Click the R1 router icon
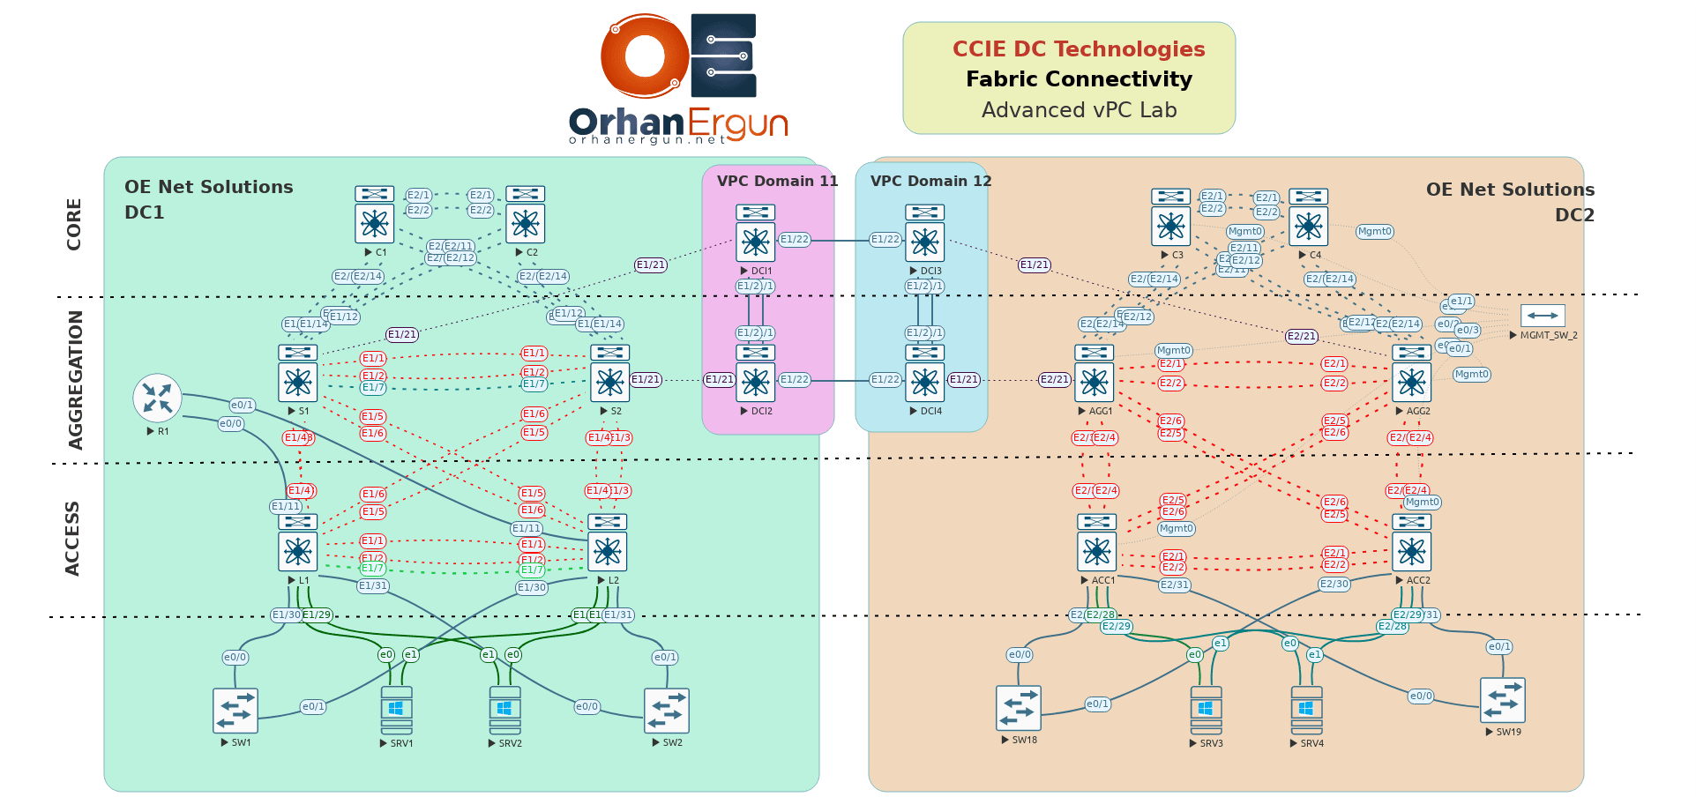[157, 398]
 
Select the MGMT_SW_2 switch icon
[1543, 316]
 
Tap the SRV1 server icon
[397, 711]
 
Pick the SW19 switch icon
[1502, 701]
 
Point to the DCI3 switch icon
[924, 235]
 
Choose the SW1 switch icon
[235, 711]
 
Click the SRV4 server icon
[1306, 711]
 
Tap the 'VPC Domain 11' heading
[777, 181]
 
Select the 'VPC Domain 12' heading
[930, 181]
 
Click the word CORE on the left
[74, 224]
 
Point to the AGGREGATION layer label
[76, 380]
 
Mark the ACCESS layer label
[72, 539]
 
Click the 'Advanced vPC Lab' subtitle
[1079, 110]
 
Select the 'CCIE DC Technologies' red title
[1079, 49]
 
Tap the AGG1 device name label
[1101, 411]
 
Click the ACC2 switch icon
[1411, 544]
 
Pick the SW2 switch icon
[667, 711]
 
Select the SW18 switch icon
[1019, 708]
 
